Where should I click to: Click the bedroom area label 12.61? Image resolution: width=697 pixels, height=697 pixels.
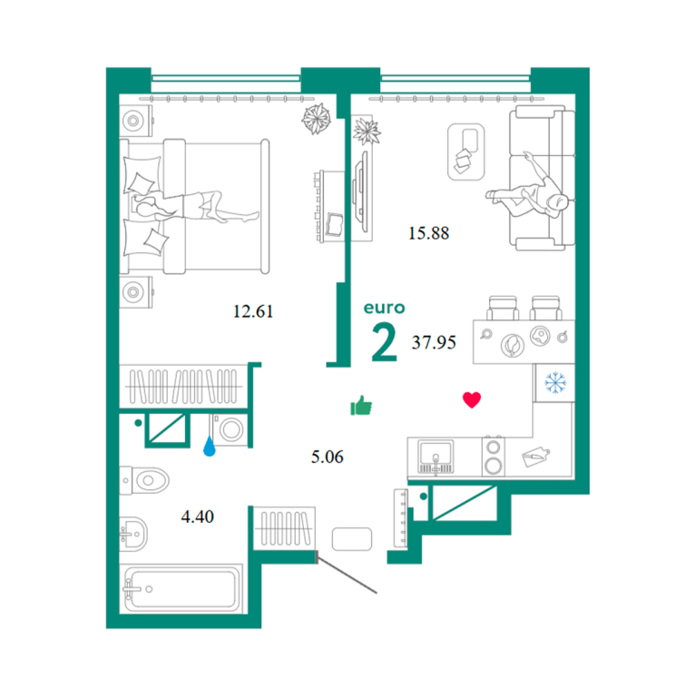point(253,311)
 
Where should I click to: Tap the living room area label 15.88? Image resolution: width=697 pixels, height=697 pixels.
point(428,233)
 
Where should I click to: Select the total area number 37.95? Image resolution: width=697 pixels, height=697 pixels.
point(434,342)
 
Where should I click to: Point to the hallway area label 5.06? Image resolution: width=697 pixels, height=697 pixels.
point(327,456)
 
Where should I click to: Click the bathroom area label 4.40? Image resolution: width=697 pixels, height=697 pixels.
point(197,516)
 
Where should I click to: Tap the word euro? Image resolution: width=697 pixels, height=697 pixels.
point(384,308)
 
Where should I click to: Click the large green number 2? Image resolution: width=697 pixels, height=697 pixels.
point(384,341)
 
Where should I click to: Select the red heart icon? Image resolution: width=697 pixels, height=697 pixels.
point(472,399)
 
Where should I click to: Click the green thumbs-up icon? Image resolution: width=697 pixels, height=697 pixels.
point(361,406)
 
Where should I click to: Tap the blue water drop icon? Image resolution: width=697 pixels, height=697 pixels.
point(210,447)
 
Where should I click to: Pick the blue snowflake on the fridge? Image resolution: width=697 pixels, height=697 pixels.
point(555,383)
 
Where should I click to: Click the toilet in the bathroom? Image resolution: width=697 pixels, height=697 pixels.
point(144,480)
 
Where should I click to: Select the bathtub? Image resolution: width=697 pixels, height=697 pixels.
point(182,588)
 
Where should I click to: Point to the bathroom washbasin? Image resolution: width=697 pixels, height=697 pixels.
point(133,534)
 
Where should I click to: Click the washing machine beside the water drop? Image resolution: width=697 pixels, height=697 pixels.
point(229,429)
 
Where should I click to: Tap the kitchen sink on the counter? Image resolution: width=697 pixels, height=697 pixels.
point(436,456)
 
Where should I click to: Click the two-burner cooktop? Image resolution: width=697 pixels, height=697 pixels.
point(494,457)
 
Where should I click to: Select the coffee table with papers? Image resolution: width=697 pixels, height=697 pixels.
point(466,152)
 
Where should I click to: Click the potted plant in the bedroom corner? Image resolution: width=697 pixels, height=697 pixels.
point(317,119)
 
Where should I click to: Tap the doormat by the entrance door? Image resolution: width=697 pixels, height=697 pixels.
point(352,539)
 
